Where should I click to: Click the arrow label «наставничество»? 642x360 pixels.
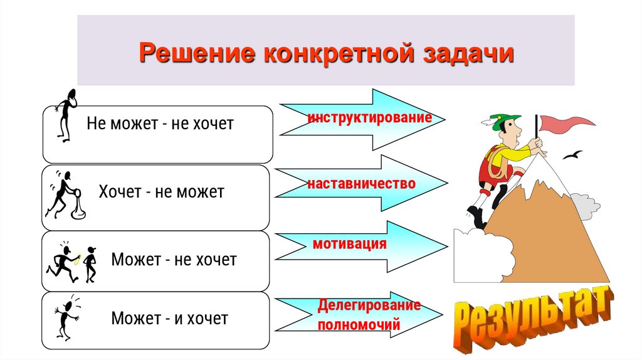[x=361, y=184]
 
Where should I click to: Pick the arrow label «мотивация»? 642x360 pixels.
[x=349, y=243]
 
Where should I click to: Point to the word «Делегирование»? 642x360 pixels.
[x=369, y=305]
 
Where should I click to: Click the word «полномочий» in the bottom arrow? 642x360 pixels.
[x=359, y=326]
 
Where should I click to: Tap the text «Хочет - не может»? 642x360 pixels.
[x=160, y=191]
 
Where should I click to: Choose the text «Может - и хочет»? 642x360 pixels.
[x=169, y=319]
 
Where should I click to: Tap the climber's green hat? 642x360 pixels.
[x=504, y=119]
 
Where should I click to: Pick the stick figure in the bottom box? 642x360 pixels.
[x=65, y=317]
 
